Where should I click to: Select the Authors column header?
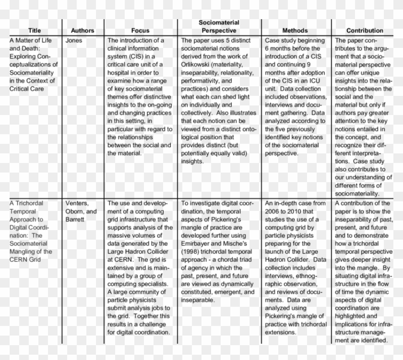[83, 31]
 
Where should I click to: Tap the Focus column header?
[140, 31]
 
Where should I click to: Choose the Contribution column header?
[365, 31]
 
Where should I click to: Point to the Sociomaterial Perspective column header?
[219, 26]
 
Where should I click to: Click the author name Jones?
[74, 41]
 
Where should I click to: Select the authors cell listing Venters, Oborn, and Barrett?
[81, 211]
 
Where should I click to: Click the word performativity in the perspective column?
[201, 81]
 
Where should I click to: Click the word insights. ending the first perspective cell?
[192, 162]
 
